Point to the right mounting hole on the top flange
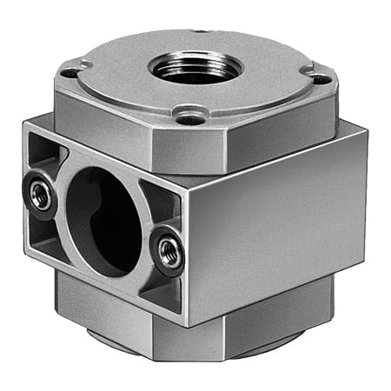tap(320, 79)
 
